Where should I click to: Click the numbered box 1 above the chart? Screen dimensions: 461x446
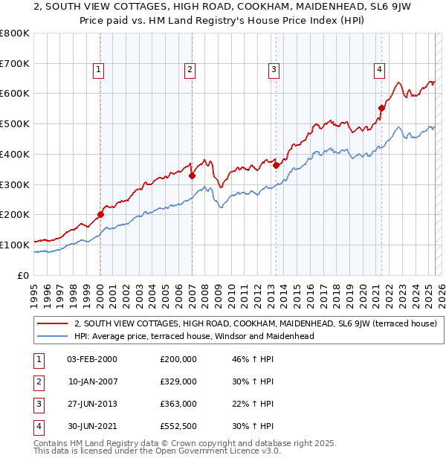pos(98,70)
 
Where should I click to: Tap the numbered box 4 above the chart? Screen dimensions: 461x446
pos(379,70)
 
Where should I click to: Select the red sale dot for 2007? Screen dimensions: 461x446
pos(192,176)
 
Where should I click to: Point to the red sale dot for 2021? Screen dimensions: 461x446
pos(382,108)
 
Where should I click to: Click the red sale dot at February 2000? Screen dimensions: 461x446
pos(100,215)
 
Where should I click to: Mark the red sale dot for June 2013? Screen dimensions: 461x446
pos(276,166)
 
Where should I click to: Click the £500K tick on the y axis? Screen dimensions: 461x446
pos(16,124)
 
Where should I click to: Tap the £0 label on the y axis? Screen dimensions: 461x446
pos(23,275)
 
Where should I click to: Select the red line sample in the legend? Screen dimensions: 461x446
pos(52,323)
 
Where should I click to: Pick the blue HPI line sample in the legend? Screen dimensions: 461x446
pos(52,336)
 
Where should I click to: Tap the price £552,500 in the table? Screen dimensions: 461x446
pos(178,427)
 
